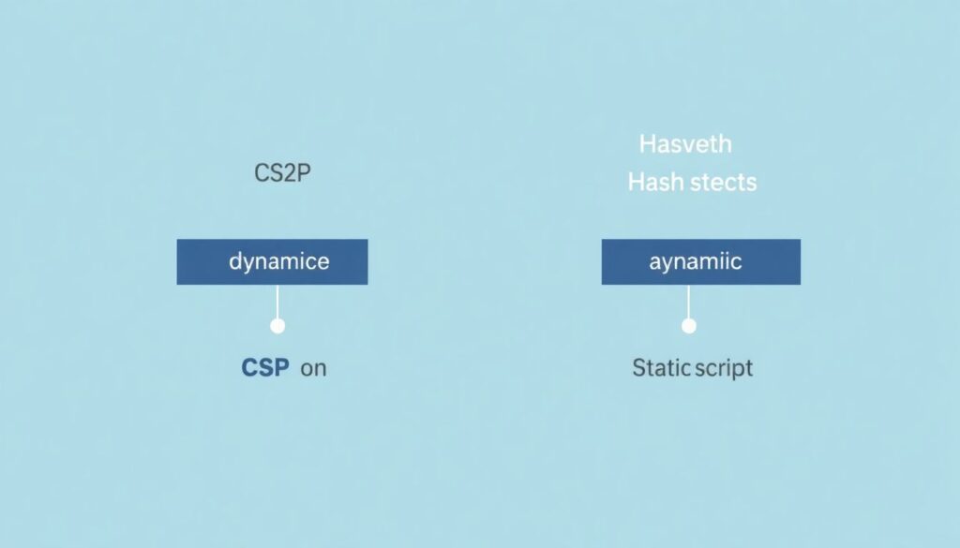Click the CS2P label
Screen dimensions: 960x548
pyautogui.click(x=282, y=173)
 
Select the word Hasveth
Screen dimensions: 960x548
pyautogui.click(x=685, y=144)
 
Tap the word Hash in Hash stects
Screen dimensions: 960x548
pyautogui.click(x=655, y=183)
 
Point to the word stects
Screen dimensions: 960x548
pyautogui.click(x=723, y=183)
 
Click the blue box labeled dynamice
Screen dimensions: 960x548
pyautogui.click(x=273, y=261)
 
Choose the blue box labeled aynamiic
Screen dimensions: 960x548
pyautogui.click(x=701, y=261)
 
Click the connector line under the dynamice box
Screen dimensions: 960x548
pyautogui.click(x=277, y=302)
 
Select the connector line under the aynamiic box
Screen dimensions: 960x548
pyautogui.click(x=689, y=302)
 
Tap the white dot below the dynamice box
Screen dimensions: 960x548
pyautogui.click(x=277, y=326)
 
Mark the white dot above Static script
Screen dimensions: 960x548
pyautogui.click(x=689, y=326)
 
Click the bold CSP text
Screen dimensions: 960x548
pyautogui.click(x=265, y=367)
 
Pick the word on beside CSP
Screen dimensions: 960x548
pyautogui.click(x=313, y=369)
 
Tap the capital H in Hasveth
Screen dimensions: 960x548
pyautogui.click(x=648, y=144)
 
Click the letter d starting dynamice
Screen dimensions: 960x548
pyautogui.click(x=235, y=261)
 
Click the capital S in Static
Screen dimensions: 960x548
pyautogui.click(x=638, y=367)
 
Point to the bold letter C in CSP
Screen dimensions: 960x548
pyautogui.click(x=248, y=367)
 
